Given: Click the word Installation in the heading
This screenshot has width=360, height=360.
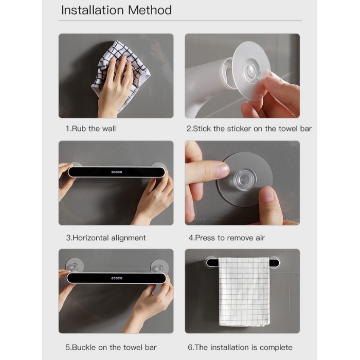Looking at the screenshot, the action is [93, 10].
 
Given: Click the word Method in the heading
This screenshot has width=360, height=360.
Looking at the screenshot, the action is [150, 10].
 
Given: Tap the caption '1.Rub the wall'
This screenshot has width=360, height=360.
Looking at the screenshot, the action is [91, 129].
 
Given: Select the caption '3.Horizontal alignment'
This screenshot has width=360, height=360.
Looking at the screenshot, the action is [106, 238].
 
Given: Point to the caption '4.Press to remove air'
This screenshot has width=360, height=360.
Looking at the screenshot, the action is [226, 238].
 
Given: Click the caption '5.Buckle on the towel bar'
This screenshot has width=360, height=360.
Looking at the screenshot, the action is [111, 347].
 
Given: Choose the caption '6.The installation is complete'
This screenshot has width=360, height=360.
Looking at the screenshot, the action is [240, 347].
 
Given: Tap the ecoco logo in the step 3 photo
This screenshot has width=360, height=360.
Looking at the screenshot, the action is [117, 172].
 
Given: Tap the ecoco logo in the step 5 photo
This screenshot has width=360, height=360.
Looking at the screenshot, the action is [117, 278].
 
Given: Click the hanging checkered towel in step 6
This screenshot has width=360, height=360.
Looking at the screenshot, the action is [244, 291].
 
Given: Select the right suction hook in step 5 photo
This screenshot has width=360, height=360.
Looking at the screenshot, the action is [159, 267].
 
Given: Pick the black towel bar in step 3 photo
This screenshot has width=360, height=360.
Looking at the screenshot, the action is [116, 172].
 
